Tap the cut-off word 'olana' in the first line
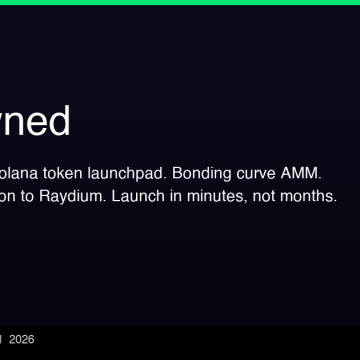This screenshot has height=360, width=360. [x=21, y=173]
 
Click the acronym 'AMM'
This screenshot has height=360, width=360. [x=304, y=173]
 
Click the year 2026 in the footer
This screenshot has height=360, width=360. [x=21, y=340]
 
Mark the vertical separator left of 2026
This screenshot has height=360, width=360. [x=2, y=340]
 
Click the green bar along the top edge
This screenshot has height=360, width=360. [x=180, y=3]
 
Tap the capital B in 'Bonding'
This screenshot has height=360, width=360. [x=179, y=173]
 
